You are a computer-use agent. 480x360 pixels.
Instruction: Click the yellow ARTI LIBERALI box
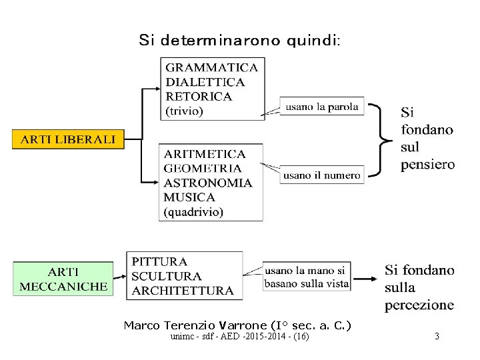tap(68, 140)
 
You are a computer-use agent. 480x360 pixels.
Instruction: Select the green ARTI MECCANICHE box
tap(63, 279)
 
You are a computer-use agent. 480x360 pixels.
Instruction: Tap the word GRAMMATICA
tap(211, 67)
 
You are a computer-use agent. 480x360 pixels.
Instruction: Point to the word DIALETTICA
tap(205, 82)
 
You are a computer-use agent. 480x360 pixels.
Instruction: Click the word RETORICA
tap(199, 97)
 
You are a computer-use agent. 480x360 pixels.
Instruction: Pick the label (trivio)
tap(184, 111)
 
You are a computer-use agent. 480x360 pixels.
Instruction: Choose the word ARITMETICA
tap(205, 154)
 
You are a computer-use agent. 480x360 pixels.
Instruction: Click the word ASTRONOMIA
tap(208, 183)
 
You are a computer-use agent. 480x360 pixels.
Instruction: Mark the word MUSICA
tap(189, 197)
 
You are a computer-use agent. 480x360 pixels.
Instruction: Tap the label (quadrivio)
tap(194, 212)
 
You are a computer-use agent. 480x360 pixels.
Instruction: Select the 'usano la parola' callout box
tap(322, 106)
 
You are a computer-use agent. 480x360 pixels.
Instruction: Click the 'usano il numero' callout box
tap(322, 175)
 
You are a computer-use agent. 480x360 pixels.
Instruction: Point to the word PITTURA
tap(160, 262)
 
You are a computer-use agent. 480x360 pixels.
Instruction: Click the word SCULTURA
tap(167, 276)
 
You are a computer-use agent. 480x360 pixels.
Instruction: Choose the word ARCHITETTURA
tap(183, 291)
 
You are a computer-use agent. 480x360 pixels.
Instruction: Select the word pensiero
tap(427, 164)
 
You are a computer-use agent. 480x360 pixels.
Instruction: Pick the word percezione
tap(419, 305)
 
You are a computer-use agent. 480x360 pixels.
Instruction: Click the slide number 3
tap(437, 337)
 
